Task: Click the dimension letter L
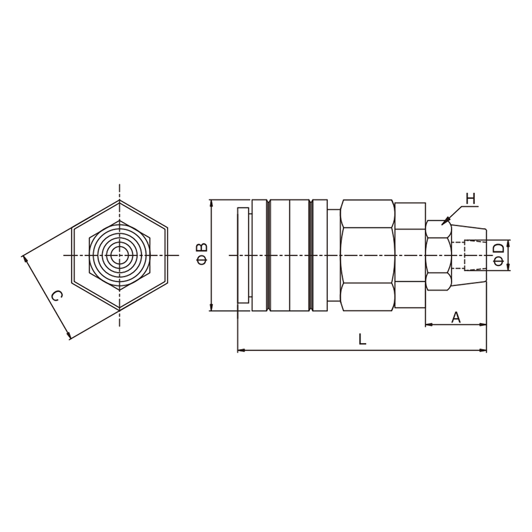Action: [x=362, y=339]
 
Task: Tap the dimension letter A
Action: [x=456, y=318]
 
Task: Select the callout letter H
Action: [x=471, y=199]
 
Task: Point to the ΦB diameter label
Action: [x=202, y=254]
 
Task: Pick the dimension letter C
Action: [x=57, y=296]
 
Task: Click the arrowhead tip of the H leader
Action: [x=442, y=224]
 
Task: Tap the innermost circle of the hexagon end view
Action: [x=119, y=255]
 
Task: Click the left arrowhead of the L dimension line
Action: [x=238, y=350]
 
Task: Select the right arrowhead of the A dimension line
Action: [x=486, y=325]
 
